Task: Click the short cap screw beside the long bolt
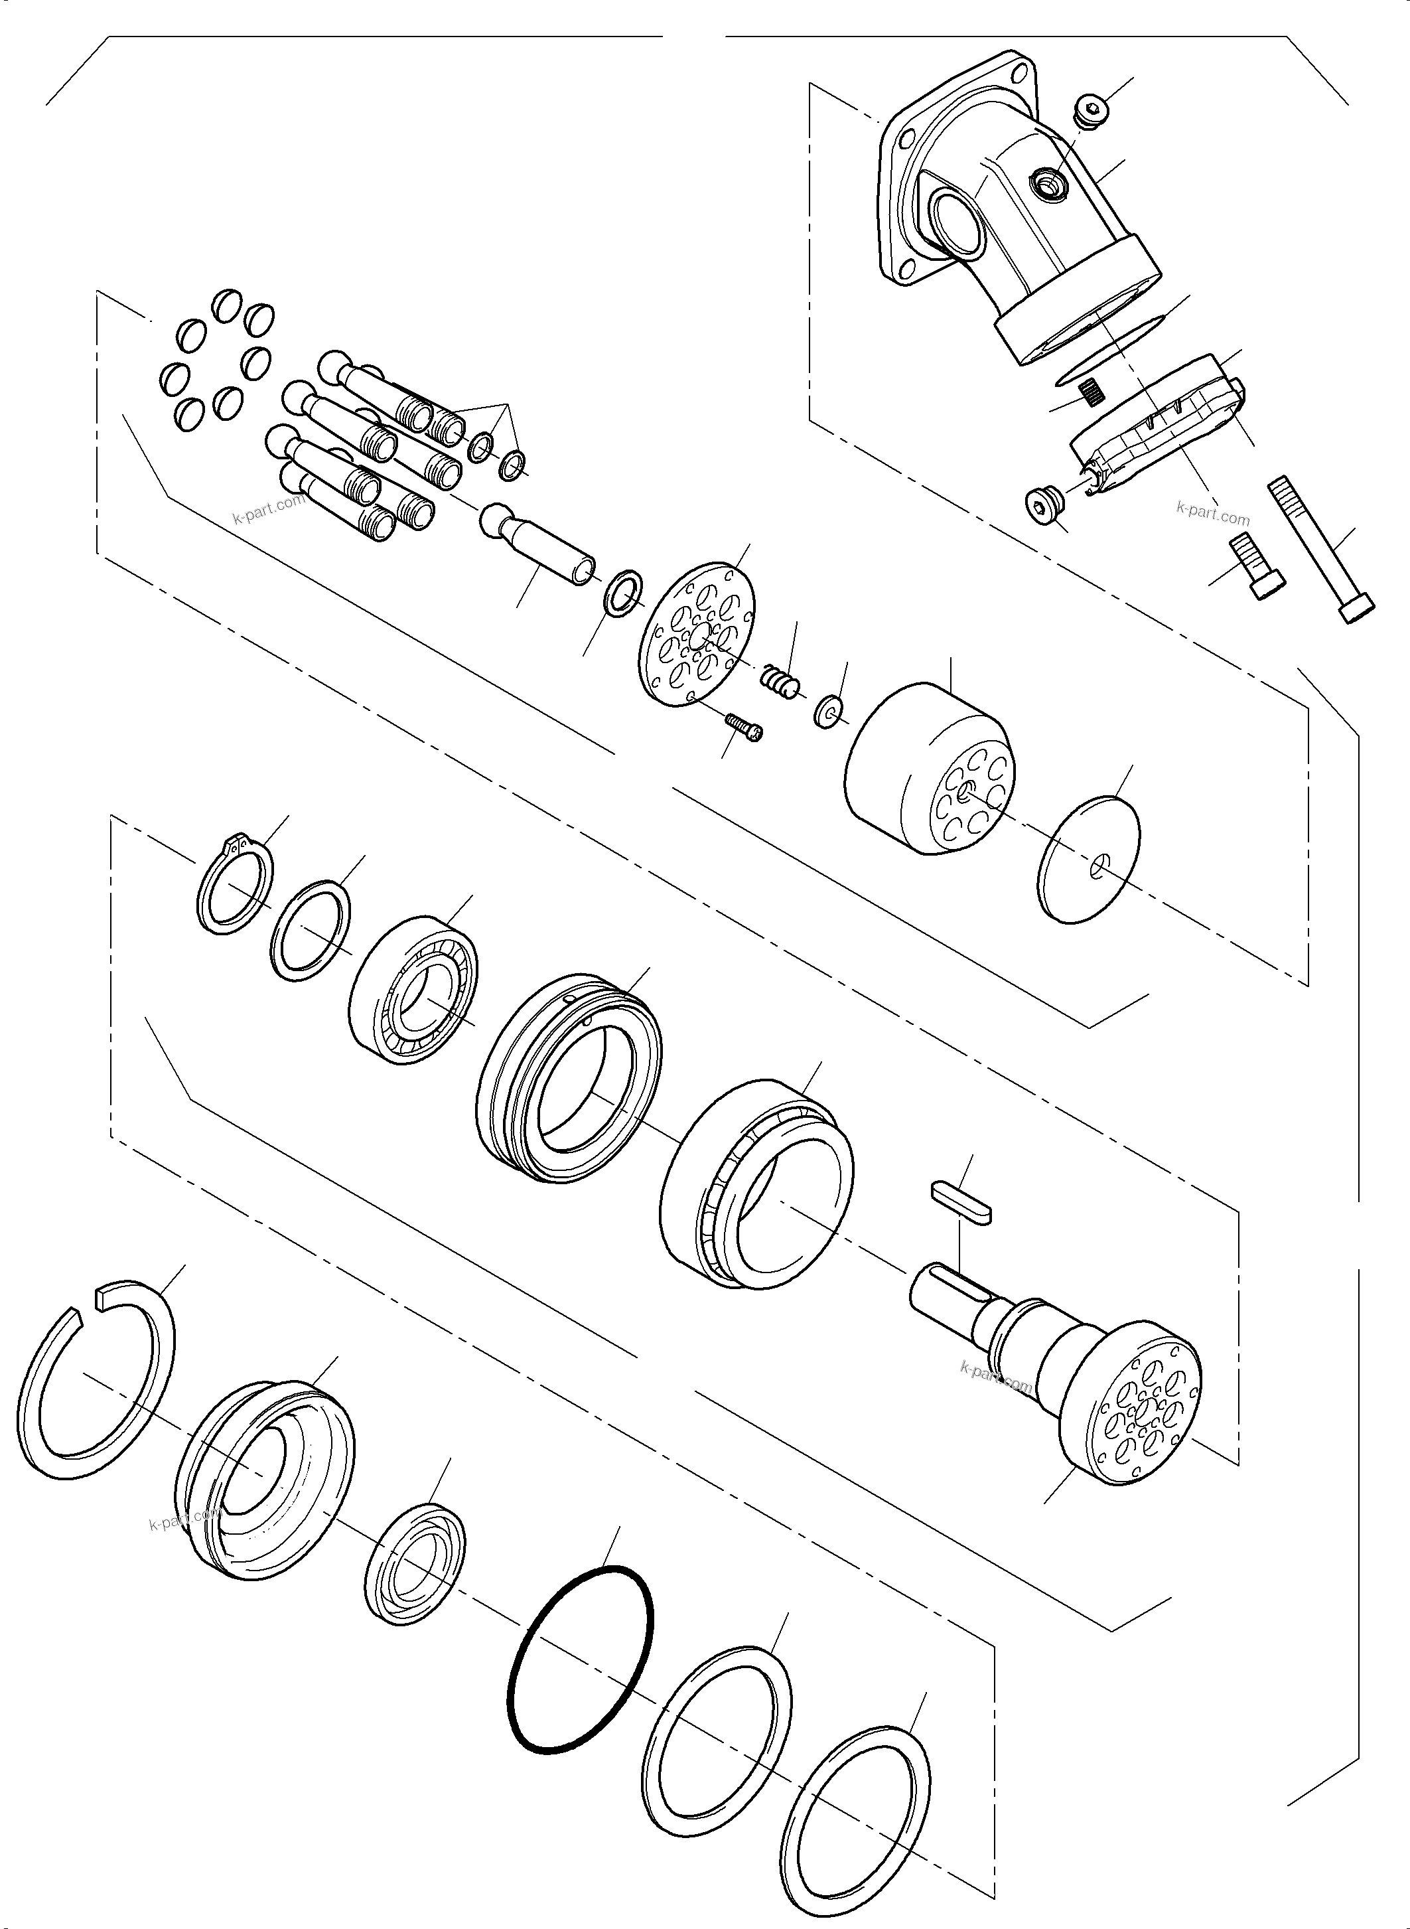[1255, 567]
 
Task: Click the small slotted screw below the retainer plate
[743, 727]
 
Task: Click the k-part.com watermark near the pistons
[268, 510]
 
